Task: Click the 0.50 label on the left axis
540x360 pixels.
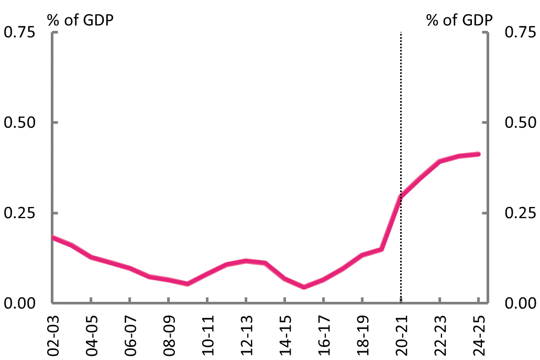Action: click(x=19, y=123)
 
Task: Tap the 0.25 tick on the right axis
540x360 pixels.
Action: click(x=520, y=213)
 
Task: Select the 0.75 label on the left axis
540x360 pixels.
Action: click(x=19, y=32)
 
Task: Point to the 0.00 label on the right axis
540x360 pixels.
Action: click(x=520, y=303)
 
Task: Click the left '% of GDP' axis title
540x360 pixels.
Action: click(x=80, y=20)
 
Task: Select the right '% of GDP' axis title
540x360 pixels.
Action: click(x=459, y=20)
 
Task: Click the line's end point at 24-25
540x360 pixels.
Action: click(x=478, y=154)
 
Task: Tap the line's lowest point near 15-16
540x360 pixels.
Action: click(x=304, y=287)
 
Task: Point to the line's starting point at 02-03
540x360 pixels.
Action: click(x=52, y=237)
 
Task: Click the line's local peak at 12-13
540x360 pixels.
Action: click(x=246, y=260)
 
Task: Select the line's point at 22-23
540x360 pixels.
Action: click(x=440, y=161)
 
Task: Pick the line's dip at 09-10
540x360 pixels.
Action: click(x=188, y=284)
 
